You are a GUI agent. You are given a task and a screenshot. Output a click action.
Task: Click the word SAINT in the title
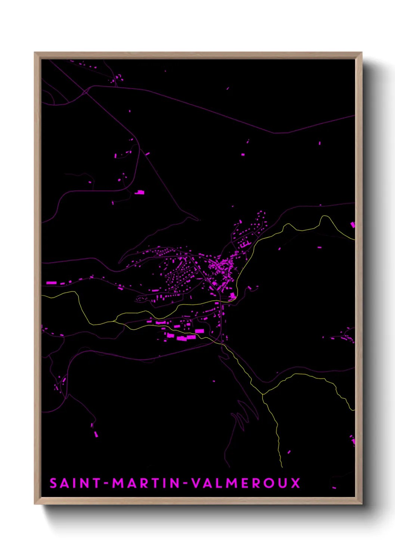tap(75, 483)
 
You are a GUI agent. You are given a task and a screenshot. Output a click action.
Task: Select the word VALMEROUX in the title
tap(246, 483)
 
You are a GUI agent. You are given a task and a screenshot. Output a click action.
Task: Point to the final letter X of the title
tap(295, 483)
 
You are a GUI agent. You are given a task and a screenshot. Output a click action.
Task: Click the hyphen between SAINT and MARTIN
tap(106, 484)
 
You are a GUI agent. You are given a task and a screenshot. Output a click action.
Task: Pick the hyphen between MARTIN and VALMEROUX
tap(186, 484)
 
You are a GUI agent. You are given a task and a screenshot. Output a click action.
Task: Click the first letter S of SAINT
tap(53, 483)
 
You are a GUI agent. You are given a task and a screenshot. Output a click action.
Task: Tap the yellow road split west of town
tap(116, 321)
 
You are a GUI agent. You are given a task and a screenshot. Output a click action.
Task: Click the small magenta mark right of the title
tap(334, 487)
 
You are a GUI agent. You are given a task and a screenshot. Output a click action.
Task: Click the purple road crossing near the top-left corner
tap(87, 91)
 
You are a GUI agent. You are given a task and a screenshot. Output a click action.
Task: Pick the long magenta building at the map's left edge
tap(51, 283)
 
